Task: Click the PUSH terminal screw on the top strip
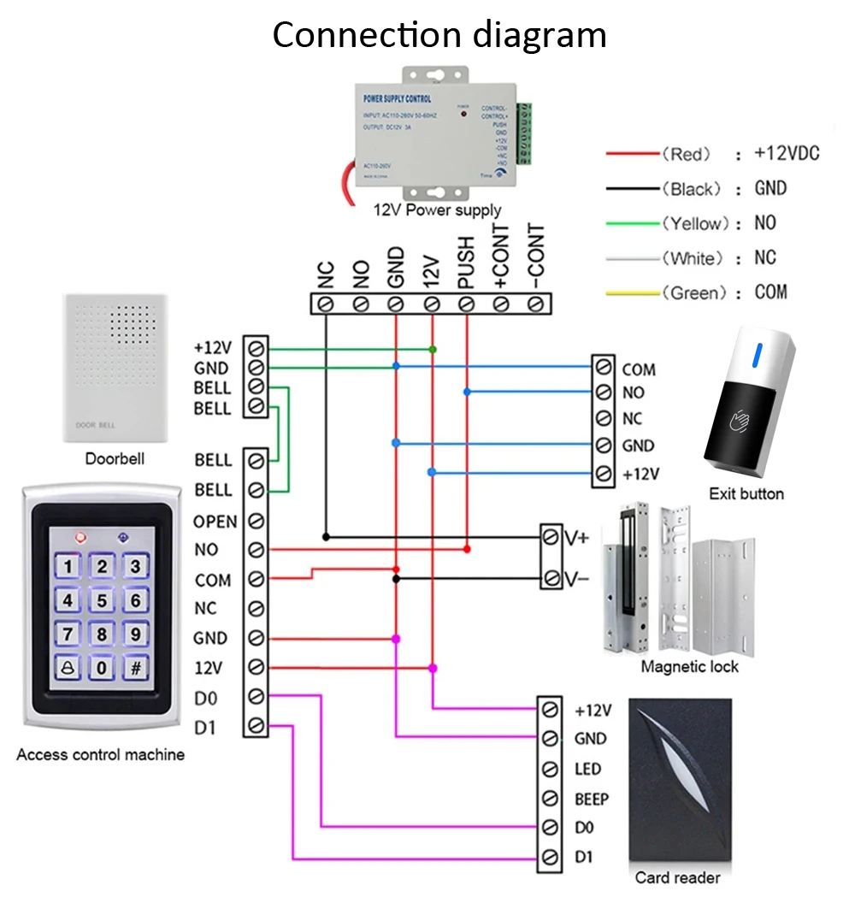(x=466, y=303)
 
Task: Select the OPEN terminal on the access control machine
(x=255, y=521)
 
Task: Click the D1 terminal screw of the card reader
(x=551, y=857)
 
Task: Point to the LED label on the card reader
(x=587, y=770)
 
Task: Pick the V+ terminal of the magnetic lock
(x=552, y=538)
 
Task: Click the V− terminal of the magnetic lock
(x=552, y=578)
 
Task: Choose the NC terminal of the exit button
(x=604, y=419)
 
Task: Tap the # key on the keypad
(x=134, y=667)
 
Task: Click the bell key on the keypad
(x=68, y=667)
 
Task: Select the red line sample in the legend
(x=633, y=154)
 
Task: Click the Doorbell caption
(x=115, y=459)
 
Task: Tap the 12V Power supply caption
(x=437, y=209)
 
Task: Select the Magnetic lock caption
(x=689, y=667)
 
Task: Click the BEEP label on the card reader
(x=592, y=800)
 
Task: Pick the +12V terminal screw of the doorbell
(x=255, y=348)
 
